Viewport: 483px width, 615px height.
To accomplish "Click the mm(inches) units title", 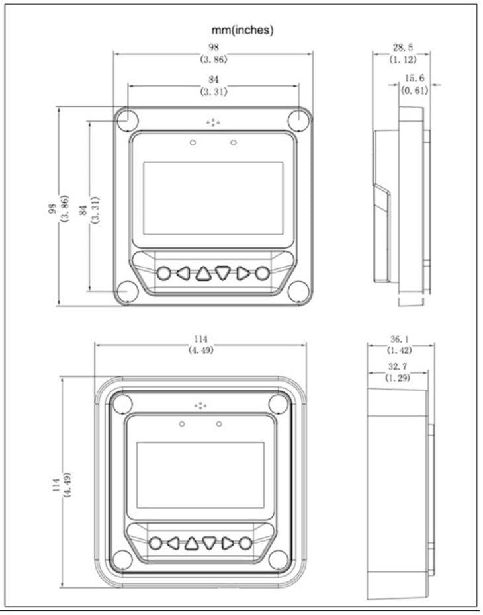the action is tap(242, 30).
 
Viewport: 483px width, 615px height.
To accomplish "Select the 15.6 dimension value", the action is tap(414, 78).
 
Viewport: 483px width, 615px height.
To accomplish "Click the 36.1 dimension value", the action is tap(400, 339).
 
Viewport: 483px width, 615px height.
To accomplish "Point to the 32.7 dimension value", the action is tap(398, 367).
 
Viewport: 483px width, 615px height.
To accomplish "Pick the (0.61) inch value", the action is tap(414, 90).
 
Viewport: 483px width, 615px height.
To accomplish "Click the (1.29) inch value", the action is tap(398, 378).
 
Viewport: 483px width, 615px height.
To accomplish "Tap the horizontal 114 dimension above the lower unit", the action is tap(200, 339).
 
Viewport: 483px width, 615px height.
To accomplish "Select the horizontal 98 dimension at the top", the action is tap(214, 48).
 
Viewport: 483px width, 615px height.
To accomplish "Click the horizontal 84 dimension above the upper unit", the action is tap(214, 79).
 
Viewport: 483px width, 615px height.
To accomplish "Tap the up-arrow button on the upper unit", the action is tap(203, 273).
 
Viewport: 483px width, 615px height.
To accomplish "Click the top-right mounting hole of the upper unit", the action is tap(299, 119).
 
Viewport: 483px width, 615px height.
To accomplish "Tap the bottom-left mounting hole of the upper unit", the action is tap(127, 292).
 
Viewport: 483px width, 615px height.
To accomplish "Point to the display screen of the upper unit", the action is tap(213, 198).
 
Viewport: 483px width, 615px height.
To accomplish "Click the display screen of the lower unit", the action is tap(200, 475).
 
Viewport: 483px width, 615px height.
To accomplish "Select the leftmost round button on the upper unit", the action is tap(164, 273).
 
